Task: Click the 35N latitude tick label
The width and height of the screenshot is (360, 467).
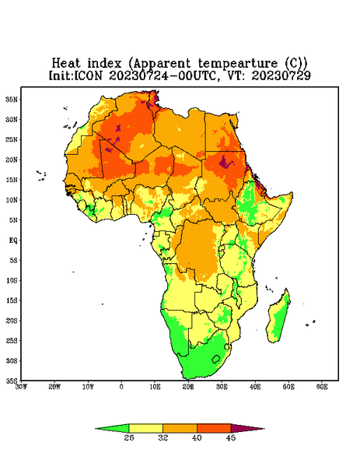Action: tap(12, 99)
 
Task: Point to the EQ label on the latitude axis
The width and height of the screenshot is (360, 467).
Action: tap(13, 240)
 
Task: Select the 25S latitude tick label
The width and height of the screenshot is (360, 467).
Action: tap(12, 340)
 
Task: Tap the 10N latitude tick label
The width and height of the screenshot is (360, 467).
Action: tap(12, 200)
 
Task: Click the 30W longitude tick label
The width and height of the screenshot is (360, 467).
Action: tap(21, 387)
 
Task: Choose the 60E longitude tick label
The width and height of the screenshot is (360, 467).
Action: tap(322, 387)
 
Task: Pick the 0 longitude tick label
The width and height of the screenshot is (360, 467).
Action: tap(121, 387)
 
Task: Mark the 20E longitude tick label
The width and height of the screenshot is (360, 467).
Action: tap(188, 387)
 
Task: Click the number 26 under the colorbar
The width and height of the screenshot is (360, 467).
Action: tap(129, 437)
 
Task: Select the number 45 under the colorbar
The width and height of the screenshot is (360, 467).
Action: tap(231, 437)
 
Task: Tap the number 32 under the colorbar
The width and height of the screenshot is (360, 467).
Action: tap(163, 437)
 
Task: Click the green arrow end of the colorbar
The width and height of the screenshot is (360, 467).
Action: tap(112, 429)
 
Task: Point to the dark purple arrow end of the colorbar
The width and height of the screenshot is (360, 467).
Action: tap(248, 429)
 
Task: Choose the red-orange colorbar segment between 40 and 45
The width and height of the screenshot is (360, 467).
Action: tap(214, 429)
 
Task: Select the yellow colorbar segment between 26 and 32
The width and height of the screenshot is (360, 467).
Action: tap(145, 429)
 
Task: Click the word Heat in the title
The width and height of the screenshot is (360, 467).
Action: tap(66, 64)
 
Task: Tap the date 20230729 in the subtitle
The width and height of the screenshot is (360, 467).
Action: tap(281, 75)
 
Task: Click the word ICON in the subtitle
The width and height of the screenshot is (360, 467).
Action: tap(88, 75)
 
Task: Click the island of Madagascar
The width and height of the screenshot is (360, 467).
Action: tap(278, 318)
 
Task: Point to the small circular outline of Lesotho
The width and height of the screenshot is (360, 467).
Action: tap(216, 359)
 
